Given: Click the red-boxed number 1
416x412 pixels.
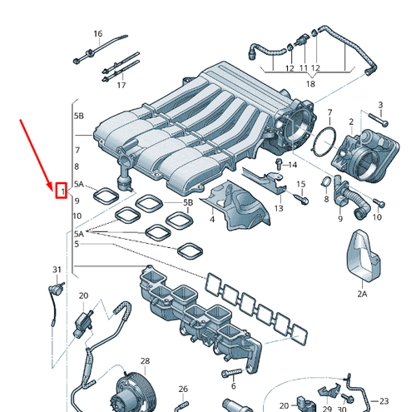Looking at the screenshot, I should click(x=61, y=192).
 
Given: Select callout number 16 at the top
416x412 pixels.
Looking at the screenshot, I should click(x=97, y=34).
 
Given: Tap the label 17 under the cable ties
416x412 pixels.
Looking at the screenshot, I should click(x=121, y=85).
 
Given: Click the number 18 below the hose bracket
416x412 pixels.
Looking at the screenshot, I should click(x=310, y=84).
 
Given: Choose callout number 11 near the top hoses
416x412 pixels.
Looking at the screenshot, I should click(x=304, y=67).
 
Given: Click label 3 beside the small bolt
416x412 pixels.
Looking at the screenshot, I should click(x=380, y=105).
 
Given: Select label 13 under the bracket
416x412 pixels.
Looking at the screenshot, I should click(x=278, y=208).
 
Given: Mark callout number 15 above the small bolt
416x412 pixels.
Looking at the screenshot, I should click(x=301, y=183).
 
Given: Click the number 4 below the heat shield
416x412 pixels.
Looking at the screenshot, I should click(x=211, y=219).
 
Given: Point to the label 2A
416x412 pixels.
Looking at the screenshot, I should click(x=362, y=293).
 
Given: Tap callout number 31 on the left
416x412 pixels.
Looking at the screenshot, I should click(x=57, y=270).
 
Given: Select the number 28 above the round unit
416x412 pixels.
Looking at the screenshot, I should click(x=145, y=361).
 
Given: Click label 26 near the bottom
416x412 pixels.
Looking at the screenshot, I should click(x=183, y=390).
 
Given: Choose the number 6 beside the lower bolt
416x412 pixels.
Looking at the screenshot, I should click(x=234, y=385).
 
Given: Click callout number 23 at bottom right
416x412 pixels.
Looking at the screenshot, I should click(x=384, y=400).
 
